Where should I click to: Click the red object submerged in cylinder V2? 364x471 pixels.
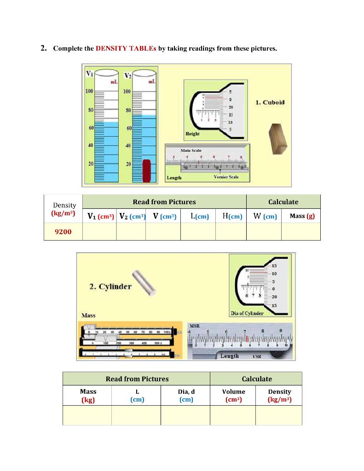point(146,171)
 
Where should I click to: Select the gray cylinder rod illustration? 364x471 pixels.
point(144,282)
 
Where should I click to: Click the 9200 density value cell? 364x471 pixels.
point(63,232)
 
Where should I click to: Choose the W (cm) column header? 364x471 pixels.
point(264,216)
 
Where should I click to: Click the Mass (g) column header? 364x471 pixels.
point(302,216)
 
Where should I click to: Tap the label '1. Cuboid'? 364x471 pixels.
point(270,102)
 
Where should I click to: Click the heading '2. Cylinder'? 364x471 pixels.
point(110,287)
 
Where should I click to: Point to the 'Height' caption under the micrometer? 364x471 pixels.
point(192,134)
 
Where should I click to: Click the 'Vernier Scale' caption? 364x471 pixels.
point(226,178)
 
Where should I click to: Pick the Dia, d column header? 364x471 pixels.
point(186,396)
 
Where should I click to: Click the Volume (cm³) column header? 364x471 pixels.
point(233,396)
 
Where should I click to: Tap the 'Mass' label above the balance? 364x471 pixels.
point(88,316)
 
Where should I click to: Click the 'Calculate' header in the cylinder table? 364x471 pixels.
point(256,379)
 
